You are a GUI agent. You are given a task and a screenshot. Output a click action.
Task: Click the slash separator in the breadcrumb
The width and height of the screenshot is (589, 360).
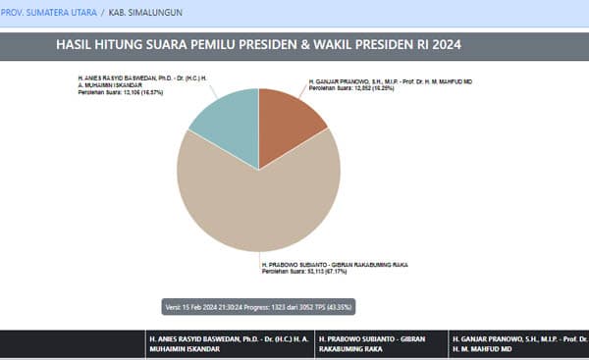coord(101,14)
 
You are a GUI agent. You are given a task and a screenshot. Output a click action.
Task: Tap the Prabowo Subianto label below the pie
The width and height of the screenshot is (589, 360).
coord(333,265)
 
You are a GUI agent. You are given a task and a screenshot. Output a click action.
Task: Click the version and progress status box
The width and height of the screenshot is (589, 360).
coord(258,306)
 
